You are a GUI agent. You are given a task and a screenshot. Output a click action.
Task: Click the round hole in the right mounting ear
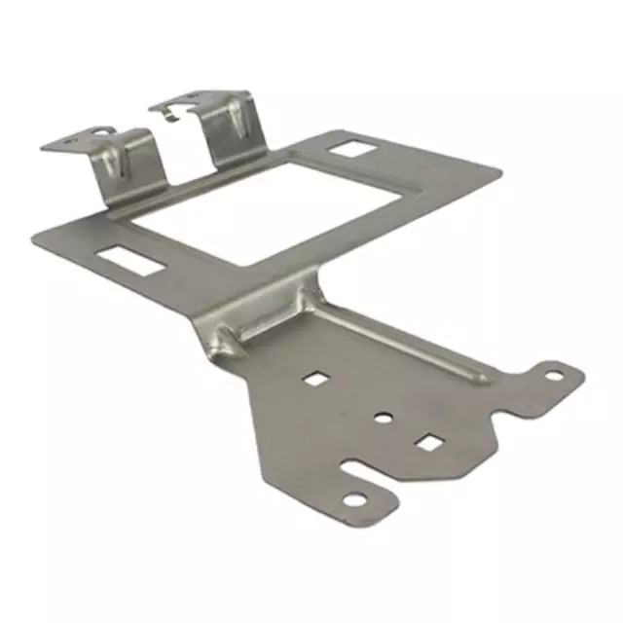click(553, 374)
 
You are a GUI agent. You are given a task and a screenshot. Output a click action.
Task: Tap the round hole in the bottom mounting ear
click(354, 499)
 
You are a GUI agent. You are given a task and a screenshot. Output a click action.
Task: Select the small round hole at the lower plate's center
click(384, 418)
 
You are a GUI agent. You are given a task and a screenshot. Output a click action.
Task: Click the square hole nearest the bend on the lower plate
click(315, 378)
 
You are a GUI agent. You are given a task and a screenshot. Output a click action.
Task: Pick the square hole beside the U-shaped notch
click(428, 443)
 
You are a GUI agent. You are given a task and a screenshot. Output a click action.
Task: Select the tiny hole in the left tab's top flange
click(71, 141)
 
